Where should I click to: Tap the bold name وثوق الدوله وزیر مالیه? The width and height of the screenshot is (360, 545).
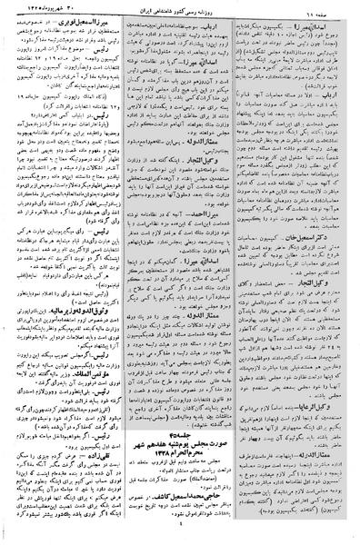point(84,312)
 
